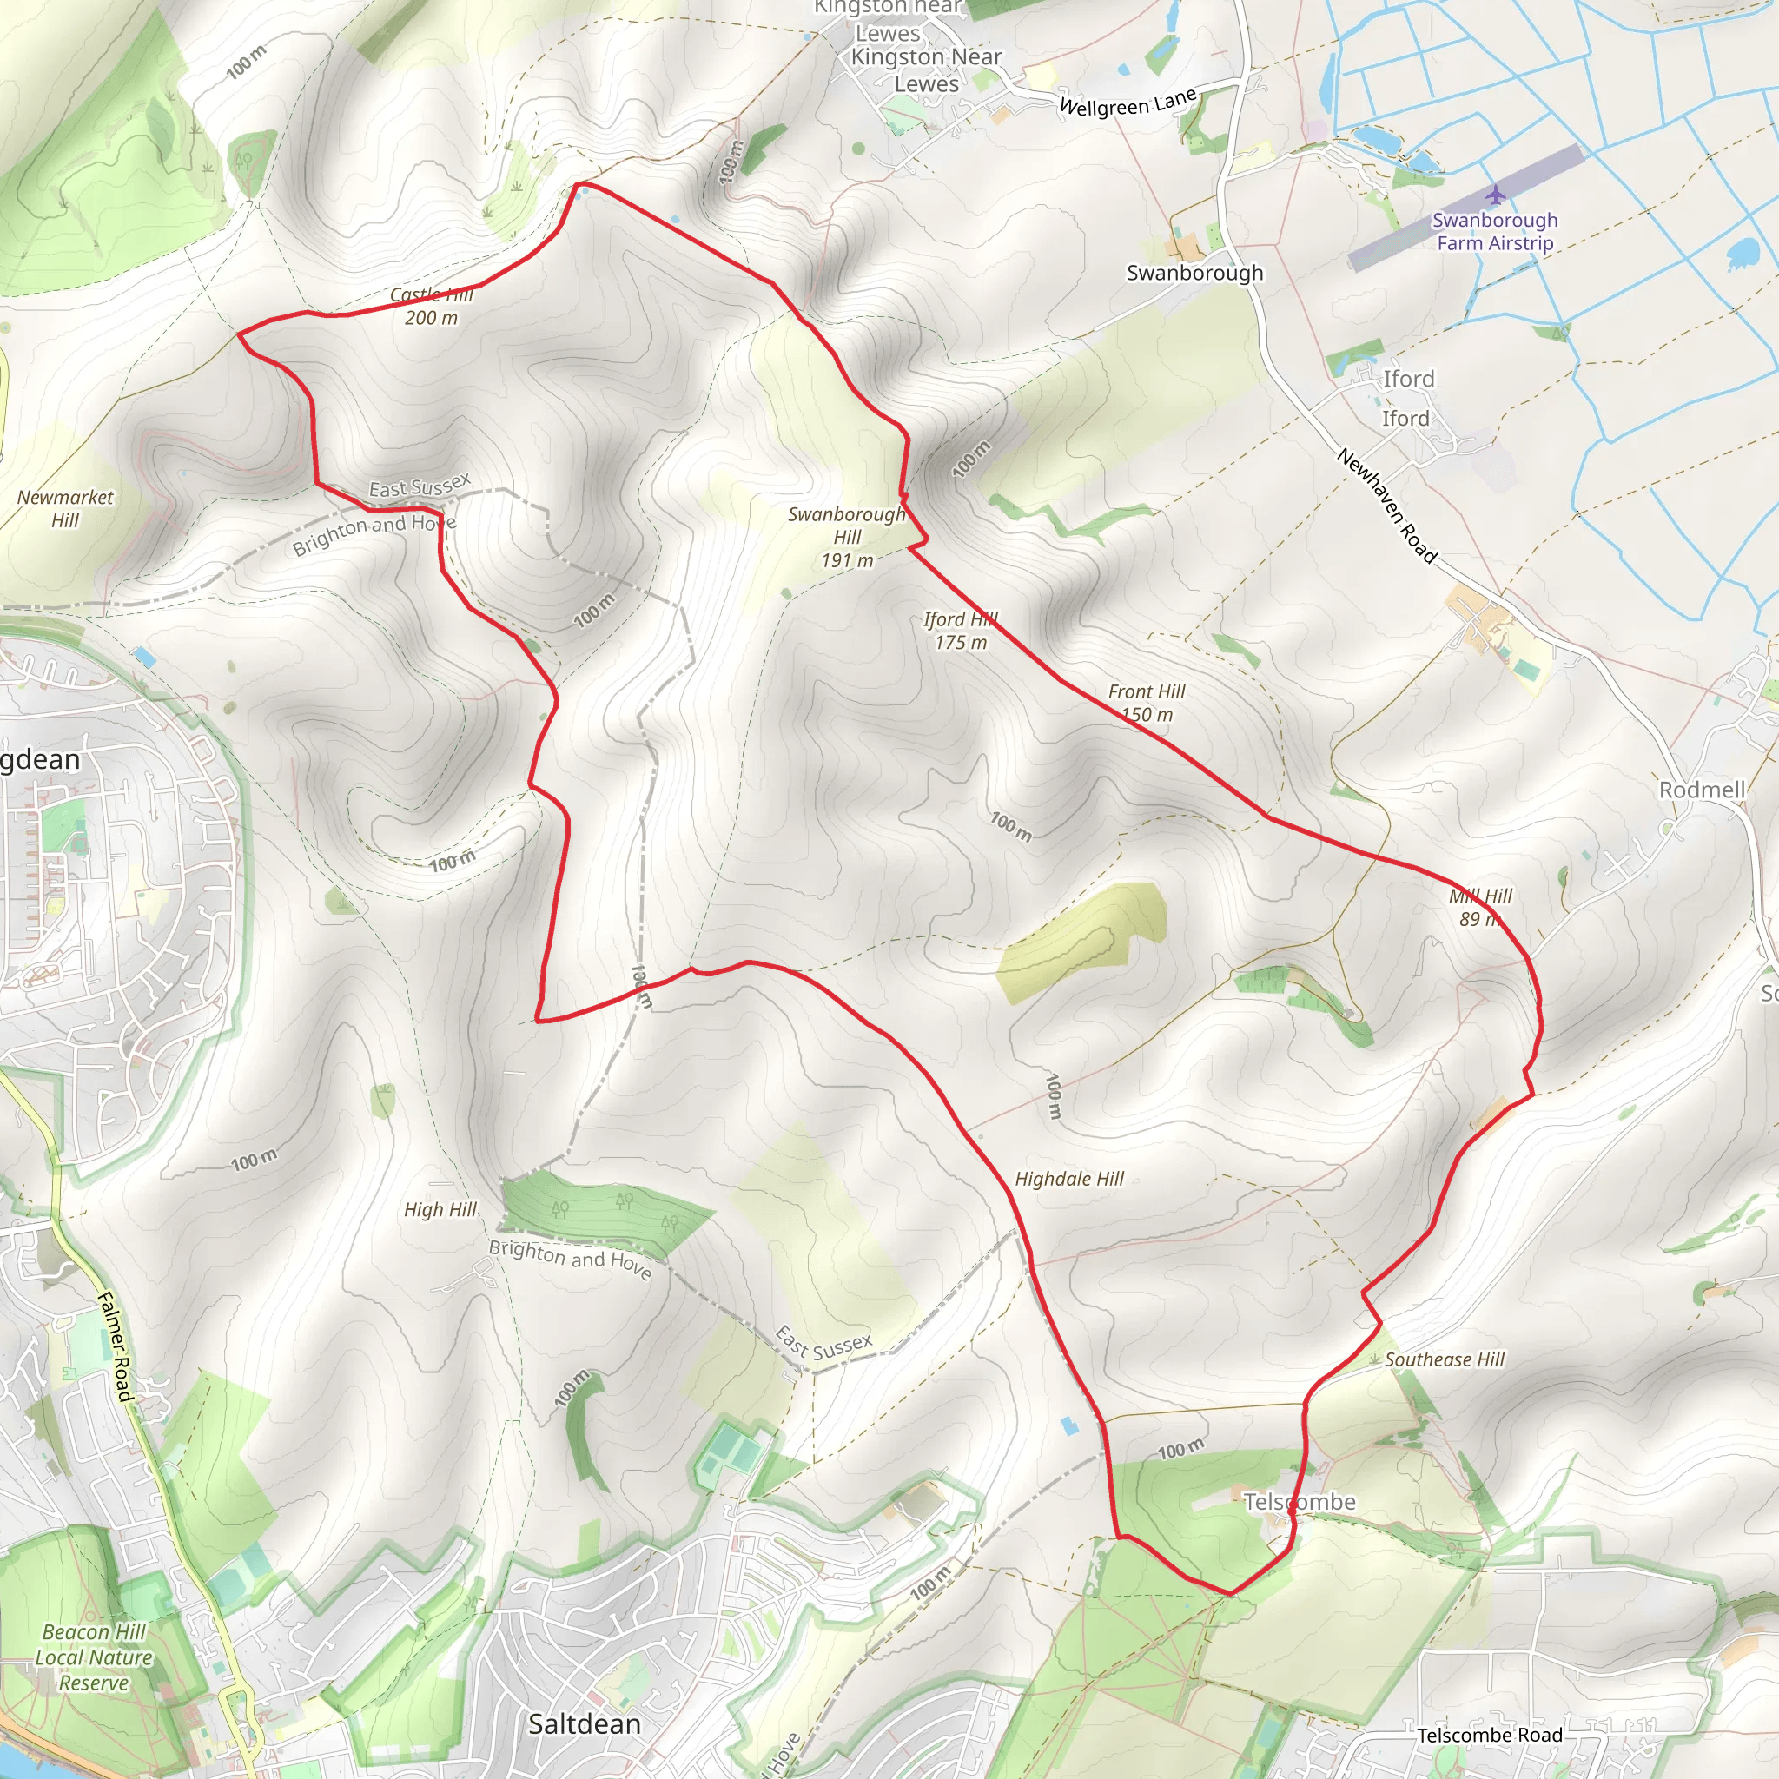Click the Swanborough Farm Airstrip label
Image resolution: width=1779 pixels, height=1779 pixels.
coord(1494,231)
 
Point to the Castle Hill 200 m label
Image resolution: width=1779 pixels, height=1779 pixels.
coord(431,306)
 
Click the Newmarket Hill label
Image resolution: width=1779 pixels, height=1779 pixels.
coord(65,508)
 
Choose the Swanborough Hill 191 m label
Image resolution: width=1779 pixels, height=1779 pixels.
coord(847,537)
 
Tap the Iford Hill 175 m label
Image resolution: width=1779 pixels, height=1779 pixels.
coord(961,631)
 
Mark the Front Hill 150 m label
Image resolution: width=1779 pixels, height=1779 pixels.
coord(1147,703)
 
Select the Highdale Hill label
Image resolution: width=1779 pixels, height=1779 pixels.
coord(1069,1179)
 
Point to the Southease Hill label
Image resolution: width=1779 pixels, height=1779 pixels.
coord(1444,1359)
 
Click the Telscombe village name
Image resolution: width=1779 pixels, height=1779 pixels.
coord(1300,1502)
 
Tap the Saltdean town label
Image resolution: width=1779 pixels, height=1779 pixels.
coord(584,1723)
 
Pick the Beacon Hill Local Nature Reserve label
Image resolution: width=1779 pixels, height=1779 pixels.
coord(94,1657)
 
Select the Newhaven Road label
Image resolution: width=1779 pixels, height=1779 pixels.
coord(1386,506)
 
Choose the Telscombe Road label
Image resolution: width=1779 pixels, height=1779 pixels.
coord(1489,1735)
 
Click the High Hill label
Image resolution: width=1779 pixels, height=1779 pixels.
coord(440,1209)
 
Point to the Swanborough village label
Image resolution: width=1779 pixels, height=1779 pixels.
coord(1194,273)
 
